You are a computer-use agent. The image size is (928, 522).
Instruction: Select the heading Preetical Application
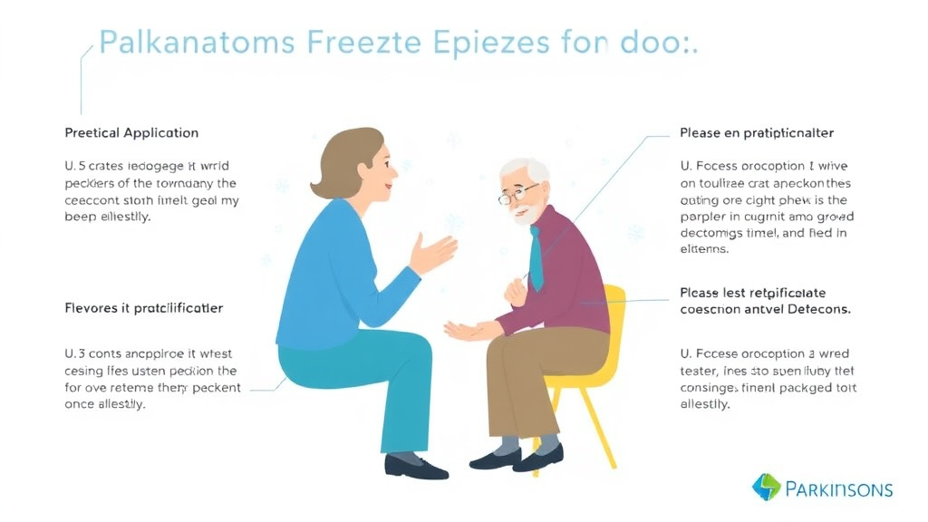point(131,133)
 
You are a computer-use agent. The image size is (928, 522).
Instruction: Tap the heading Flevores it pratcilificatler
point(143,308)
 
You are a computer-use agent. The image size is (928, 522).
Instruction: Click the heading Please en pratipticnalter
point(757,133)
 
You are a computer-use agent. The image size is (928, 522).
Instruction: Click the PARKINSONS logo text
point(839,490)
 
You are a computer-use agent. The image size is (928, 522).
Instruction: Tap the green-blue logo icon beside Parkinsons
point(767,487)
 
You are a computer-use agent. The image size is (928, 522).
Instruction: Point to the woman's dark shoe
point(416,467)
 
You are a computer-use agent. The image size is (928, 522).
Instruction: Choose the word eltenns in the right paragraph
point(704,249)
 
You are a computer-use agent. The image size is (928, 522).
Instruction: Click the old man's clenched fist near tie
point(517,290)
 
